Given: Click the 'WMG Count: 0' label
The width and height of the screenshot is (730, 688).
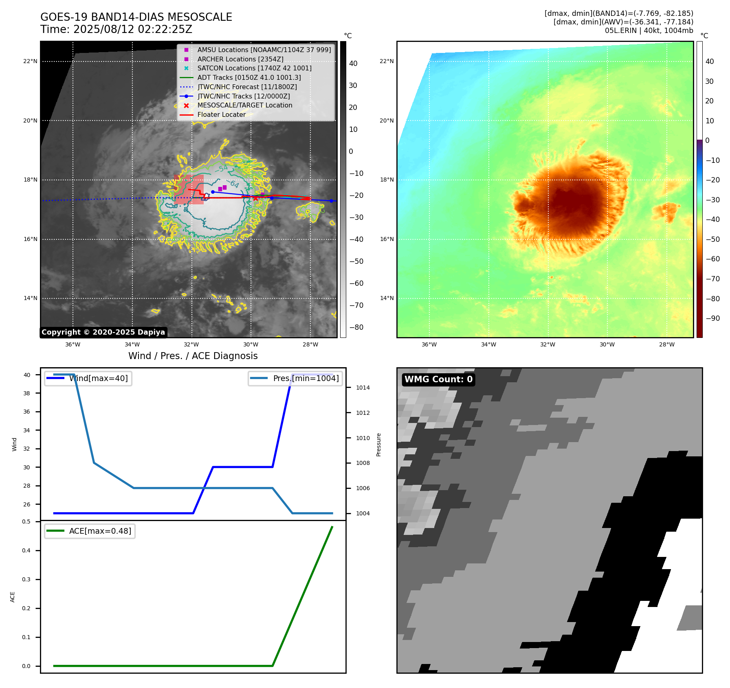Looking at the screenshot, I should coord(438,379).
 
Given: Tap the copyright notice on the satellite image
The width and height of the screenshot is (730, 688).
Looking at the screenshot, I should coord(103,332).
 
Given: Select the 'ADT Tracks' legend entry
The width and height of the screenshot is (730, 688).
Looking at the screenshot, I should coord(249,77).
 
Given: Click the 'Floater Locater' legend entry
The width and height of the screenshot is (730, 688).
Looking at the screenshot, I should coord(221,115).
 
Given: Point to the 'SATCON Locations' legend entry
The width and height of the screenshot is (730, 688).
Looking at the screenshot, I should coord(254,68).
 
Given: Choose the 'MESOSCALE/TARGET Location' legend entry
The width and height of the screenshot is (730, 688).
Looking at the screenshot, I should coord(244,105).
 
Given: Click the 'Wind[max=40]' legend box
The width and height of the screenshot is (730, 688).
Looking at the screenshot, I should coord(88,379).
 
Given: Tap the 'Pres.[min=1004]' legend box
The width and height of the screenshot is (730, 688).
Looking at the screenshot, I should coord(295,379).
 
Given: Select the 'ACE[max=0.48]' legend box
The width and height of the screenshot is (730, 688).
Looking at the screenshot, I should coord(90,531).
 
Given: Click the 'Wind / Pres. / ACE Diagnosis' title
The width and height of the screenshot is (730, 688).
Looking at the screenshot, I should coord(193,356).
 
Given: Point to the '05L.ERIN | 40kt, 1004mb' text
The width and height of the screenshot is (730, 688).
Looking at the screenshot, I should coord(649,31).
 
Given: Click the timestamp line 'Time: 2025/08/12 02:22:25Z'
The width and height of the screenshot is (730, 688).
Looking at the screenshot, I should coord(116,30).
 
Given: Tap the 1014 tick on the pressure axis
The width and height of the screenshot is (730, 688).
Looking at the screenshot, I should coord(363,388).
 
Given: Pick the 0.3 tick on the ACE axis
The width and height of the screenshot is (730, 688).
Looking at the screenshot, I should coord(26,580).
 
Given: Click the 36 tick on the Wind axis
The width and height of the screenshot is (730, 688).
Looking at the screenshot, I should coord(27,412).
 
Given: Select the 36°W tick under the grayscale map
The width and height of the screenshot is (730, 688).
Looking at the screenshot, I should coord(73,345).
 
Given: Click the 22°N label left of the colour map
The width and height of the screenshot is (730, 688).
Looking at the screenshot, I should coord(387,61).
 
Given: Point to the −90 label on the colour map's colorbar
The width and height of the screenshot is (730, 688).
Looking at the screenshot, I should coord(712,318).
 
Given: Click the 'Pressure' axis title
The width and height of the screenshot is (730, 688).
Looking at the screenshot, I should coord(379,445).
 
